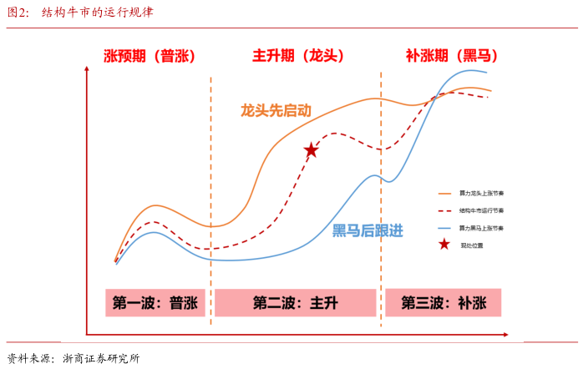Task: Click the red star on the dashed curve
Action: point(311,150)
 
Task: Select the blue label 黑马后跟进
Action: point(368,230)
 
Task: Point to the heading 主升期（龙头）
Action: point(298,56)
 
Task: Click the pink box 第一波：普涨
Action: point(156,303)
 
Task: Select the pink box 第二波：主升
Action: point(296,303)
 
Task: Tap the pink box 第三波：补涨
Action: point(443,303)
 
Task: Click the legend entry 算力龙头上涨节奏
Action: point(482,193)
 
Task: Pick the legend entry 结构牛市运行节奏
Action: point(482,210)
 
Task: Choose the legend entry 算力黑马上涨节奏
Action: point(482,228)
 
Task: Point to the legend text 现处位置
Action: point(472,245)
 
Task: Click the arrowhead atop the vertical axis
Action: point(86,70)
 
